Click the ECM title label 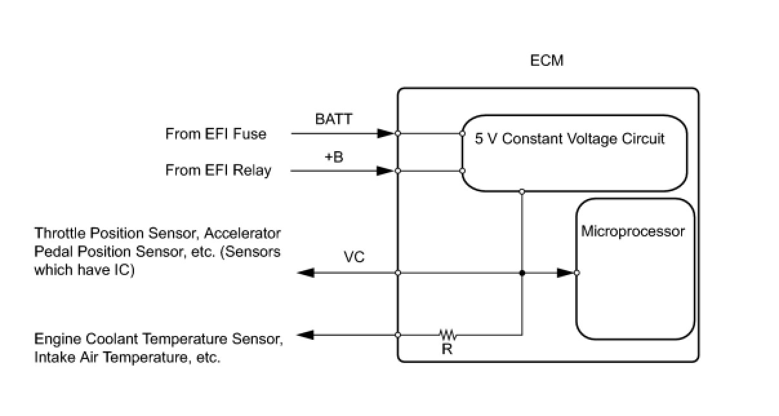click(x=547, y=61)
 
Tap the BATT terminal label click(x=333, y=119)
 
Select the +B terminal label click(x=334, y=157)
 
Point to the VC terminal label click(x=354, y=257)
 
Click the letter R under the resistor click(x=447, y=349)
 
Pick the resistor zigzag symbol click(x=448, y=335)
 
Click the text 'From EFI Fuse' click(x=215, y=134)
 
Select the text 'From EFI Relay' click(x=218, y=171)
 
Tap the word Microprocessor click(x=633, y=232)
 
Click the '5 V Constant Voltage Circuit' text click(x=569, y=139)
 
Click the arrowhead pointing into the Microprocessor click(x=566, y=273)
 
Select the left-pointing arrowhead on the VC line click(x=306, y=273)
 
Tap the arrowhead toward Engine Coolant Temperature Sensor click(x=305, y=335)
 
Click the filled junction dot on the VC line click(x=522, y=273)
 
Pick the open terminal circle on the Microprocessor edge click(x=577, y=273)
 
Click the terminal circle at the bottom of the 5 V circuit click(x=522, y=192)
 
